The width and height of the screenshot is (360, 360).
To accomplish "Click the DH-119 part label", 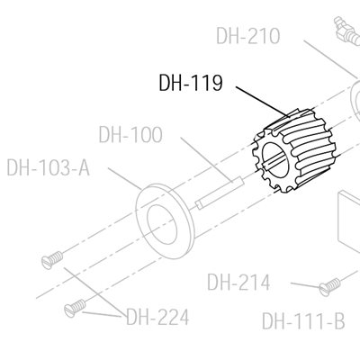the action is (x=191, y=83).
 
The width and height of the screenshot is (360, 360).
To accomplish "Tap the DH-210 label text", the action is (x=248, y=36).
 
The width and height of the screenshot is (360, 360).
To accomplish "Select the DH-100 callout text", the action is (x=130, y=135).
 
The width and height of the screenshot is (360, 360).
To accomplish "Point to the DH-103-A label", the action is (x=49, y=167).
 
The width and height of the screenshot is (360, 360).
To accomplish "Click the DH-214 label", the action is (x=238, y=283).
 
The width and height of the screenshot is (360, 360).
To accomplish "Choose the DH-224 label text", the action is (x=157, y=317).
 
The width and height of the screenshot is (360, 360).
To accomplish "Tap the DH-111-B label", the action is (x=303, y=320).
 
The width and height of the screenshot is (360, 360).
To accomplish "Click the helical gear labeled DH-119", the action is (x=292, y=151).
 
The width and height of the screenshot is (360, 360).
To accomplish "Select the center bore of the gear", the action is (x=275, y=158).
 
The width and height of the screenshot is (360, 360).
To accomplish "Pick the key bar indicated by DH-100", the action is (x=220, y=193).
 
